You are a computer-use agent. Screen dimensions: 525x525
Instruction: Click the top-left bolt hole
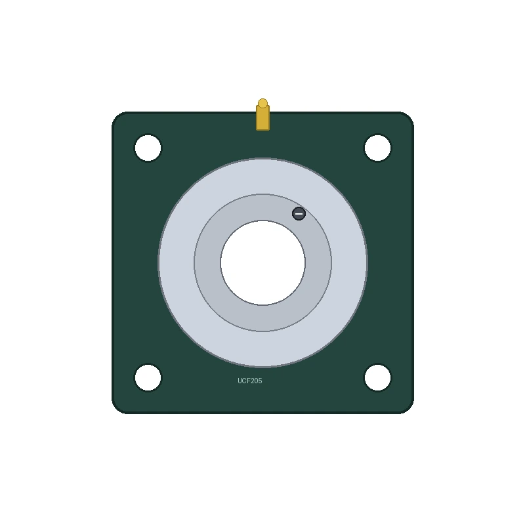pos(148,148)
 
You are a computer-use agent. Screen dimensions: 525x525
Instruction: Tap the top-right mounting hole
pos(377,148)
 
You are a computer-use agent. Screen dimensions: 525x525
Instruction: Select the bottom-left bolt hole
pos(148,377)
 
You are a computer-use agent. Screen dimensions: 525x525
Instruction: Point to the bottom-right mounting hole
pos(377,377)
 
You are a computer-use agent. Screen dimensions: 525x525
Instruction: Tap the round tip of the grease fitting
pos(263,103)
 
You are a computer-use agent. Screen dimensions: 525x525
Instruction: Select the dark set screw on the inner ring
pos(299,214)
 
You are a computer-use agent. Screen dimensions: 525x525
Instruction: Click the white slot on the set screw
pos(299,214)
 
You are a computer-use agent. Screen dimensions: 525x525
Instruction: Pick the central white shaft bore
pos(263,263)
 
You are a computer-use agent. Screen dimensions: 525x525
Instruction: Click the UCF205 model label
pos(250,381)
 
